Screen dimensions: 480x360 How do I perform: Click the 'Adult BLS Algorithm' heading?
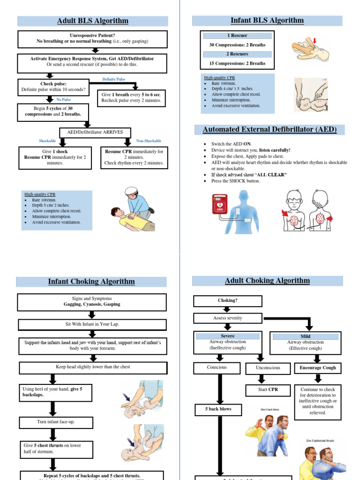[x=92, y=21]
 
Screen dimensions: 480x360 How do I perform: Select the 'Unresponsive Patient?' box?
[x=92, y=39]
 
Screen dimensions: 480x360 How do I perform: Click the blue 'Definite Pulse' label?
[x=114, y=79]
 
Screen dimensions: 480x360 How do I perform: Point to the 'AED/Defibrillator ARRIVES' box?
[x=95, y=132]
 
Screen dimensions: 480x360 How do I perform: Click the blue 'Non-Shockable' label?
[x=149, y=141]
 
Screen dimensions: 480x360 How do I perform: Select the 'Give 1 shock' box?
[x=53, y=157]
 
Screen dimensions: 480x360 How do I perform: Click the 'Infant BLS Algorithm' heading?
[x=267, y=21]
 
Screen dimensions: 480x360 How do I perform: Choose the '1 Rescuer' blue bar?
[x=237, y=36]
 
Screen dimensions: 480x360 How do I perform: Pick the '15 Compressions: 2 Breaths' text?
[x=237, y=63]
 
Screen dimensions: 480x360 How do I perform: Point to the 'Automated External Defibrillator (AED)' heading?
[x=267, y=129]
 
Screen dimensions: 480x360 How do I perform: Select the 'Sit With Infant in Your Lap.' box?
[x=92, y=325]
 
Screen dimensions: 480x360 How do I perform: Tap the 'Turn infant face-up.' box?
[x=56, y=422]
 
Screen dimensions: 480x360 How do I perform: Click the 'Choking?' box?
[x=227, y=300]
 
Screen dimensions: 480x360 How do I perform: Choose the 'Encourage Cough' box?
[x=318, y=368]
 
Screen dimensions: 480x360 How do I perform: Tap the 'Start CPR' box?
[x=267, y=390]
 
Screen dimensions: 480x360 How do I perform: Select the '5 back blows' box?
[x=218, y=409]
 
